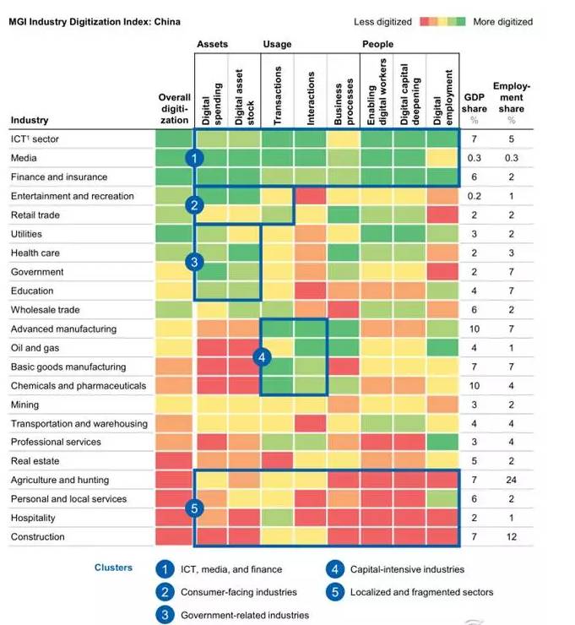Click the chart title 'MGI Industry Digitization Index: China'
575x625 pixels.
[x=95, y=21]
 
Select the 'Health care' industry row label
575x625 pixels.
[x=36, y=253]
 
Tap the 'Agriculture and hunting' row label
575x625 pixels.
[x=60, y=480]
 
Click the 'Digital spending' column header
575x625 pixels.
[x=211, y=95]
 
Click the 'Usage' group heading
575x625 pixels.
[x=277, y=44]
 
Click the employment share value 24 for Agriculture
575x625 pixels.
[x=511, y=480]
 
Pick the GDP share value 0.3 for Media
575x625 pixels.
[x=474, y=158]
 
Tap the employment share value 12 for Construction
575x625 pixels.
[x=511, y=537]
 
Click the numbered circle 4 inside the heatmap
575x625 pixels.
[x=263, y=357]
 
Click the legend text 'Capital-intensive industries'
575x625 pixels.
[x=407, y=569]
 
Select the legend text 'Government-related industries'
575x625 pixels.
[x=245, y=615]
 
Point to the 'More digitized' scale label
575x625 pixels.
[x=503, y=21]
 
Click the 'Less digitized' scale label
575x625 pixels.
[x=382, y=21]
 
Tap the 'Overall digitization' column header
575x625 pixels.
[x=175, y=109]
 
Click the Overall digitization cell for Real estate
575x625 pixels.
[x=175, y=461]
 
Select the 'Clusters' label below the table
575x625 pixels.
[x=113, y=568]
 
